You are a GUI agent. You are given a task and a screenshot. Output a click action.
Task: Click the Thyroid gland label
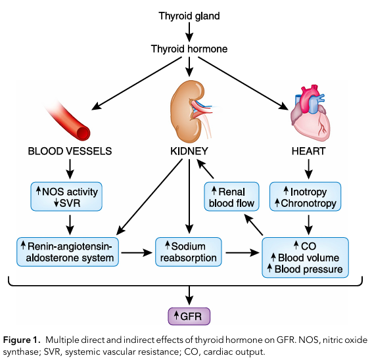[x=189, y=16]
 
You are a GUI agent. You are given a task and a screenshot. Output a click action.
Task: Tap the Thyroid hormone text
[x=189, y=49]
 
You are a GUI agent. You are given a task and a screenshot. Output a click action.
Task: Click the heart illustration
[x=310, y=113]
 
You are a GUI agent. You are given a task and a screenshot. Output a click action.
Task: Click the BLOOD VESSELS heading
[x=70, y=151]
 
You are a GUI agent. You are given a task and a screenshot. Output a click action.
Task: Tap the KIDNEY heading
[x=189, y=151]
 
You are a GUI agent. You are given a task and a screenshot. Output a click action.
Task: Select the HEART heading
[x=308, y=151]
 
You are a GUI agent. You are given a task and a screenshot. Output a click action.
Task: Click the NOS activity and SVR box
[x=66, y=196]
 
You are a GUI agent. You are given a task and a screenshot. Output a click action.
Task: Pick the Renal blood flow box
[x=231, y=196]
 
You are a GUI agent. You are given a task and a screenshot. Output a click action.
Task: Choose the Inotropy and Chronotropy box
[x=306, y=196]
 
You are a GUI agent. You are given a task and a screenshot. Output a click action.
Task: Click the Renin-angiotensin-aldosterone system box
[x=68, y=252]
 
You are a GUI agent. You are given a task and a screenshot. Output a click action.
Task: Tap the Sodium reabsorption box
[x=189, y=252]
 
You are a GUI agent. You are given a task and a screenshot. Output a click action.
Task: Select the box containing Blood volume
[x=306, y=258]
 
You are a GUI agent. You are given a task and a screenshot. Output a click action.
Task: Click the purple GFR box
[x=189, y=316]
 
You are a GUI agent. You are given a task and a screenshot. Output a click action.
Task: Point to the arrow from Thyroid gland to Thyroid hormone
[x=189, y=32]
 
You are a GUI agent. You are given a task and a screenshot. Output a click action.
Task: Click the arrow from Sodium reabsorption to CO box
[x=243, y=252]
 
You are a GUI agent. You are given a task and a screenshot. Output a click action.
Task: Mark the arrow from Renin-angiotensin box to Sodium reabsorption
[x=137, y=252]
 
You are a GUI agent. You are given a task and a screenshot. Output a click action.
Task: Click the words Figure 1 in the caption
[x=20, y=340]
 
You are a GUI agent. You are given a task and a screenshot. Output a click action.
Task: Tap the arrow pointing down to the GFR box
[x=189, y=296]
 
